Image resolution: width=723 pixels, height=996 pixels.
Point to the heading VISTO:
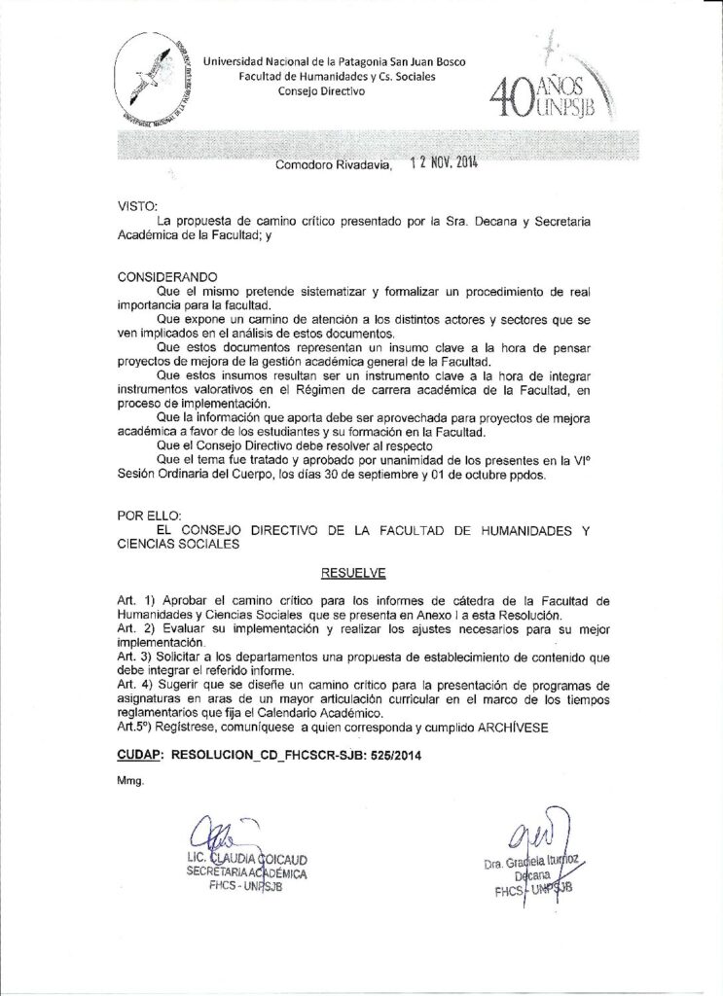[x=136, y=207]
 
